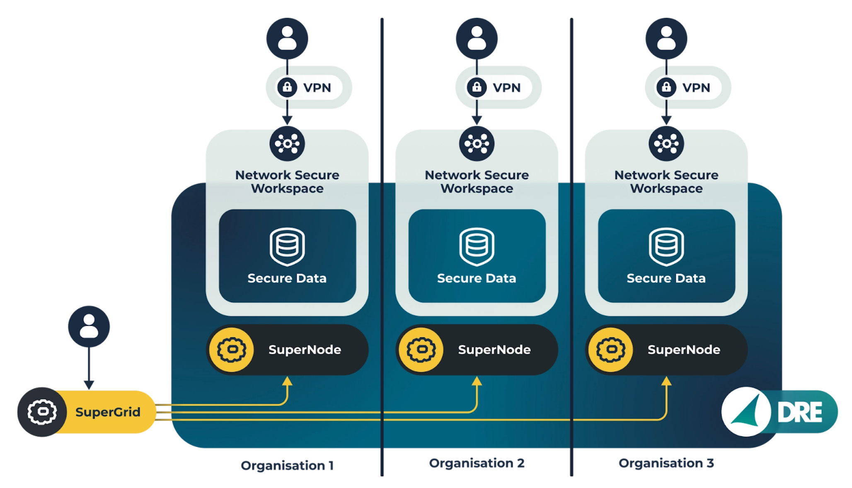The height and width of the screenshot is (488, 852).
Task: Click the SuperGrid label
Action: click(108, 412)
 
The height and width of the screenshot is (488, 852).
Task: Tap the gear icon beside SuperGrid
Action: click(42, 412)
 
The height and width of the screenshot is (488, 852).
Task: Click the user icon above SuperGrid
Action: click(89, 326)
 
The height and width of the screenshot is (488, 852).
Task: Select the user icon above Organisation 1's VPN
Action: click(287, 39)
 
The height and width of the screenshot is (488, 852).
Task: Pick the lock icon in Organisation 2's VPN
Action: click(477, 87)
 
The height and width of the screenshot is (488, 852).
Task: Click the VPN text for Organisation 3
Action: click(696, 88)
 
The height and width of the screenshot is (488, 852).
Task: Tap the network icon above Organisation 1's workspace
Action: click(287, 144)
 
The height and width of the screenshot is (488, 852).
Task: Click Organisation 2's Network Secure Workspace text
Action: click(477, 181)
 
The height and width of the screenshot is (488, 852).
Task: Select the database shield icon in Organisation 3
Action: click(666, 246)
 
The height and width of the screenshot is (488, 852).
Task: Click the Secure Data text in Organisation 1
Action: click(287, 278)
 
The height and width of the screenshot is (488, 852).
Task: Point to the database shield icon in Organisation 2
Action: click(477, 246)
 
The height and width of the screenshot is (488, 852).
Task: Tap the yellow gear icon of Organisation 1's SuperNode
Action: click(232, 350)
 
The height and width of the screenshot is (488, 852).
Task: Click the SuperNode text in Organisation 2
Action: click(494, 350)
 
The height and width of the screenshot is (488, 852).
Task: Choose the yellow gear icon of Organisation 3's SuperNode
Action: click(611, 350)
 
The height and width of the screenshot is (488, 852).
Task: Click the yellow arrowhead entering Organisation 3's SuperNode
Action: click(666, 381)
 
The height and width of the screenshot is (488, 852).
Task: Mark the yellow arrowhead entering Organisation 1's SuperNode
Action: click(287, 381)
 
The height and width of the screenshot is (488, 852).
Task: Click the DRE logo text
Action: click(799, 413)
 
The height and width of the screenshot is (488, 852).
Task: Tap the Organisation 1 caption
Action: click(287, 466)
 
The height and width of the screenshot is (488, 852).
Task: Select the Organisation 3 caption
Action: click(666, 463)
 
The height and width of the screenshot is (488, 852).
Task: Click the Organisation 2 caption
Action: click(477, 463)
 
